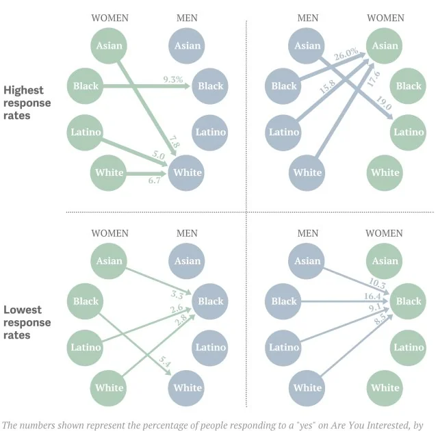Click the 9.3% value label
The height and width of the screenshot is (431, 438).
[173, 80]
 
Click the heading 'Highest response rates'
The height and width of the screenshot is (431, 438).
[27, 103]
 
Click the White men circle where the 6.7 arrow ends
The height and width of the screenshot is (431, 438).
[188, 172]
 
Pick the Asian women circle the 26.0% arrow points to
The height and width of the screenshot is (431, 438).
[386, 46]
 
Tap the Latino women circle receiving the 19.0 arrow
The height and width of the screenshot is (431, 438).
[409, 132]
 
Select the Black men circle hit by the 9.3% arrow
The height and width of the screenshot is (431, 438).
[210, 86]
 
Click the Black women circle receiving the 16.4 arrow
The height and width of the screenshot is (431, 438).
[409, 301]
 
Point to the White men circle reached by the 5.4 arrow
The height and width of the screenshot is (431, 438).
[188, 387]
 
